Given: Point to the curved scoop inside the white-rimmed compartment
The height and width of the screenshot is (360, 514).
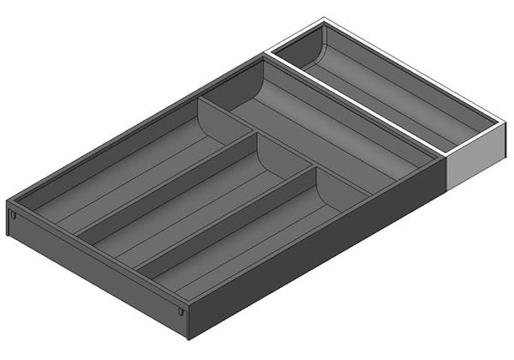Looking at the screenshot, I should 310,53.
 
